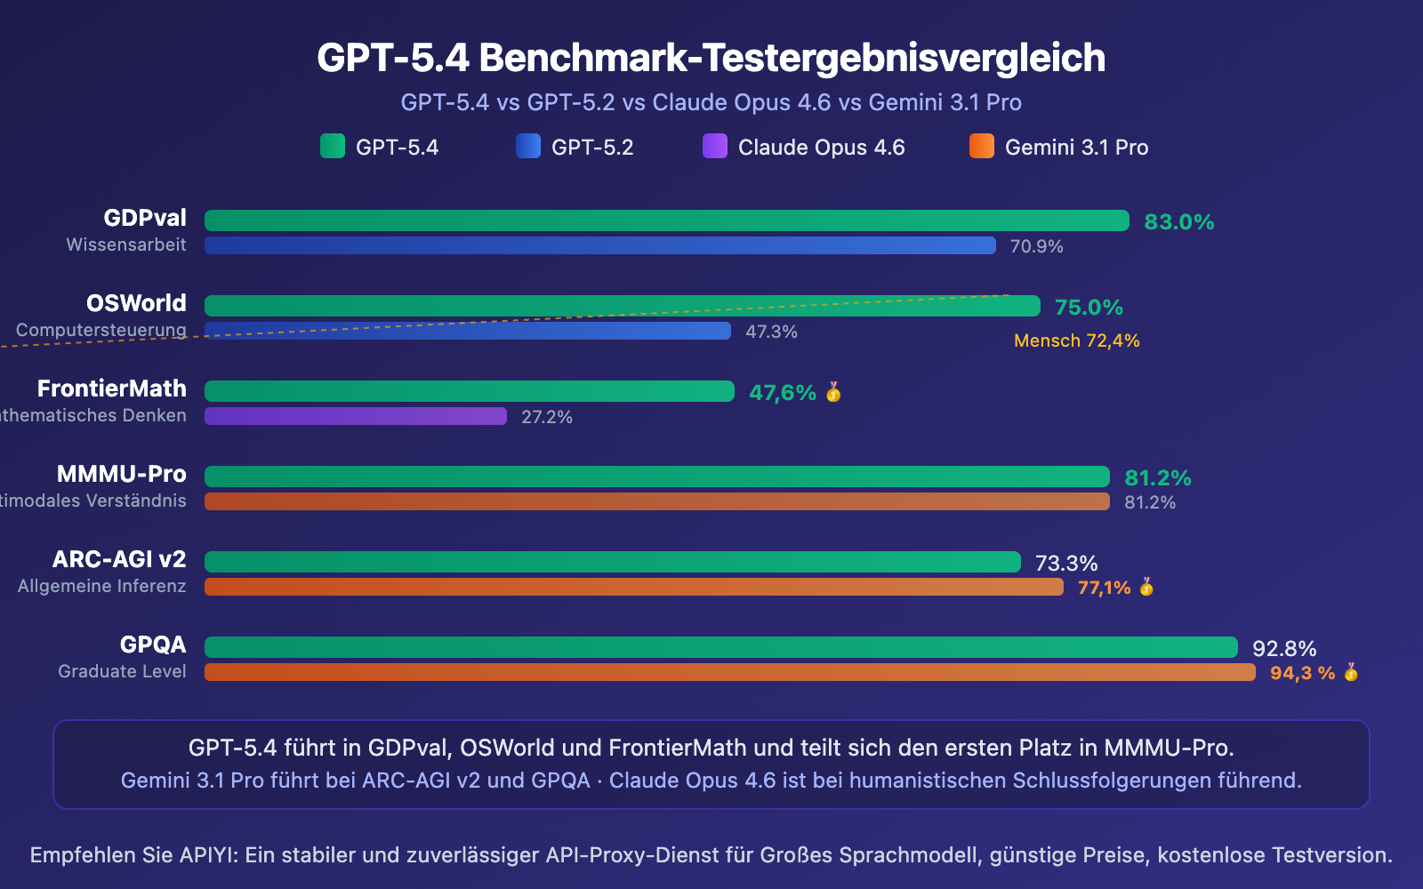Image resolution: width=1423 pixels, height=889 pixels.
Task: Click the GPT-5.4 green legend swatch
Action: [x=332, y=146]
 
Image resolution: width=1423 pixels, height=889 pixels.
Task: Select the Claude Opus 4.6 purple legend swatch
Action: [x=714, y=146]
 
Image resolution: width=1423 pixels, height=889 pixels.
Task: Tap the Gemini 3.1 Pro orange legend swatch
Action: [x=981, y=146]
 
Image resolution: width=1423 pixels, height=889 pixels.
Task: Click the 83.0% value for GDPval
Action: [x=1178, y=221]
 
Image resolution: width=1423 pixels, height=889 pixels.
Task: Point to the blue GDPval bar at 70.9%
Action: [x=599, y=245]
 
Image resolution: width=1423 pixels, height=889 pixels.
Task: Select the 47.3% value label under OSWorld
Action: [x=771, y=332]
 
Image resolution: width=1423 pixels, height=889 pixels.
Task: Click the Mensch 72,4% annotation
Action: [x=1076, y=340]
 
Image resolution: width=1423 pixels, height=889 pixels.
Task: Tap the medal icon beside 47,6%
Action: [x=833, y=392]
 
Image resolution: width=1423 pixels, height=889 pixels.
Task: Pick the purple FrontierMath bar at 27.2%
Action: [x=355, y=416]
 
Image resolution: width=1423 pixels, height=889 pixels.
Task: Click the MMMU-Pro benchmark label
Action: [x=122, y=474]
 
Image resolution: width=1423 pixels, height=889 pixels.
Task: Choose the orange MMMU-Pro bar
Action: [x=656, y=501]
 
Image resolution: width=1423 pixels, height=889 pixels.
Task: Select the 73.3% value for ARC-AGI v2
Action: [x=1065, y=563]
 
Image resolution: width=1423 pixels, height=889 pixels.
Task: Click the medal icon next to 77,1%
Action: [x=1146, y=587]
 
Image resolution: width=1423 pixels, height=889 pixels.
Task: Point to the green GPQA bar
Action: [x=720, y=647]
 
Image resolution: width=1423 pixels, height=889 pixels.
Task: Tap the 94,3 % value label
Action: [x=1302, y=673]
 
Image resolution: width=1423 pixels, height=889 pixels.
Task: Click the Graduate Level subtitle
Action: [x=122, y=671]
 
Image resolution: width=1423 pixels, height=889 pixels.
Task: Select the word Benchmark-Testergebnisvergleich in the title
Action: [x=792, y=58]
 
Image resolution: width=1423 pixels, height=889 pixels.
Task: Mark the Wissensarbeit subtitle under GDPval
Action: [x=126, y=244]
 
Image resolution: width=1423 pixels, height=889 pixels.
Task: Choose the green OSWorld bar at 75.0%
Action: [x=622, y=306]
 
